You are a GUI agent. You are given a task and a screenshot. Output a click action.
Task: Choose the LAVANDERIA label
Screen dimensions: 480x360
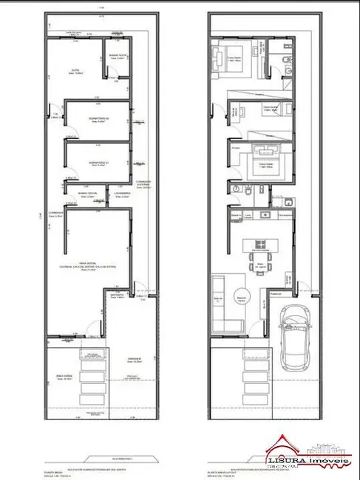click(121, 192)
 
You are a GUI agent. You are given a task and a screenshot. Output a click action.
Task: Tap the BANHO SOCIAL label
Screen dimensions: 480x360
click(87, 193)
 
